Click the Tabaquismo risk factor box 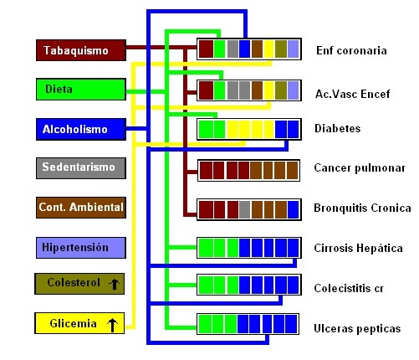[x=81, y=50]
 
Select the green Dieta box [x=81, y=90]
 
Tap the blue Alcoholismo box [x=81, y=129]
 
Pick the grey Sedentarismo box [x=81, y=168]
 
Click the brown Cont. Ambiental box [x=81, y=208]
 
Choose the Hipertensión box [x=81, y=248]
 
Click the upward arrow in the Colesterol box [x=114, y=285]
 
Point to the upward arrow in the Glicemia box [x=112, y=325]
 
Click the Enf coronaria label [x=351, y=50]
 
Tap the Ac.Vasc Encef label [x=353, y=94]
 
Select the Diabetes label [x=338, y=128]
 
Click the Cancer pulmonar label [x=360, y=168]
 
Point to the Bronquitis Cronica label [x=362, y=208]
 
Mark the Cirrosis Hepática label [x=358, y=248]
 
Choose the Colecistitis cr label [x=349, y=288]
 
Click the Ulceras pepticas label [x=357, y=328]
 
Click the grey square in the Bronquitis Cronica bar [x=244, y=209]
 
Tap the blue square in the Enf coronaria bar [x=244, y=49]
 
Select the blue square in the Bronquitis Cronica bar [x=294, y=209]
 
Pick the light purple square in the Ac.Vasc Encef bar [x=294, y=90]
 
